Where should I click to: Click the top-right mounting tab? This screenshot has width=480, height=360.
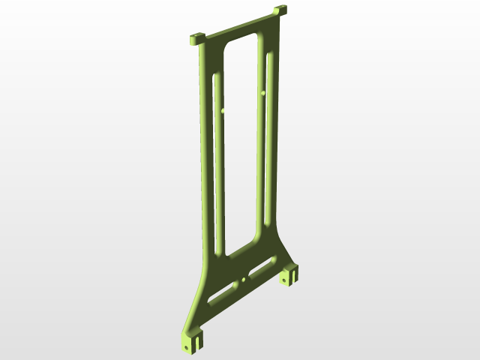pyautogui.click(x=280, y=11)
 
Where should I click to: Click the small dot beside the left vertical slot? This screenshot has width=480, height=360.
pyautogui.click(x=223, y=111)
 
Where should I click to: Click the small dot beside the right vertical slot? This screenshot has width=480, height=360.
pyautogui.click(x=263, y=93)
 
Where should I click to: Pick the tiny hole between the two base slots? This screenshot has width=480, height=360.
pyautogui.click(x=244, y=280)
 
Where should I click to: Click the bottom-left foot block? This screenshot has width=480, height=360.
pyautogui.click(x=191, y=340)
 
